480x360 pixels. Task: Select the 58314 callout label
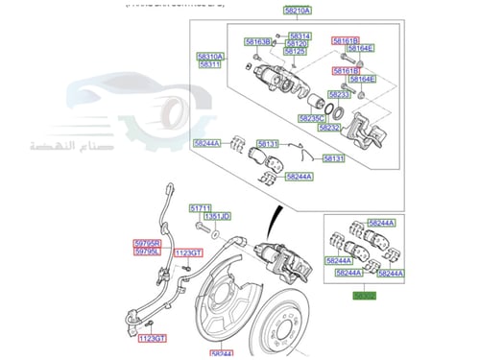(298, 36)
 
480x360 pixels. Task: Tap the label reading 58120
(298, 44)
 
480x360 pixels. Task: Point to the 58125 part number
(298, 53)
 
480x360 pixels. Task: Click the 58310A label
(210, 57)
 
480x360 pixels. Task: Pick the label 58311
(210, 65)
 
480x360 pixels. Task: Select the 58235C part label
(312, 117)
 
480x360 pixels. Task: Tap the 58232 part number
(330, 127)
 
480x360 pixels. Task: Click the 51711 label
(200, 207)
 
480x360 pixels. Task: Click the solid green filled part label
(363, 297)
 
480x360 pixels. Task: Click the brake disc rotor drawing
(288, 322)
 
